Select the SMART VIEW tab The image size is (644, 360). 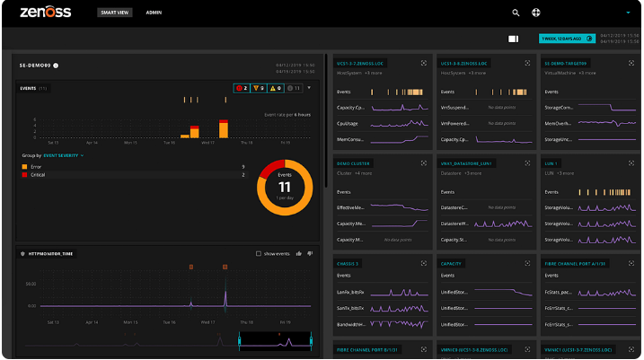[x=115, y=13]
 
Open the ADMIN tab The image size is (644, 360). [x=154, y=13]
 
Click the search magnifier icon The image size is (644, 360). [x=516, y=13]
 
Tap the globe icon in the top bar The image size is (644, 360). [x=536, y=13]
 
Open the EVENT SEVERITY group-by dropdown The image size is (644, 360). [x=64, y=155]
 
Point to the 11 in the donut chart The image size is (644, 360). [x=283, y=187]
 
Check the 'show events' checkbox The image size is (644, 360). [x=259, y=254]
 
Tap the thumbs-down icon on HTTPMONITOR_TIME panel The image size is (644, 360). [x=311, y=254]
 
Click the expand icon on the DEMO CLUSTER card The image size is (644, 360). [x=424, y=164]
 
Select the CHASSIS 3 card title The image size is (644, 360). [x=348, y=264]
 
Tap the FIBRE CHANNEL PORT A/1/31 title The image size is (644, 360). [x=576, y=264]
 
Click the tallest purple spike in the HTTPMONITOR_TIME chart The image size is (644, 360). [x=225, y=296]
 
